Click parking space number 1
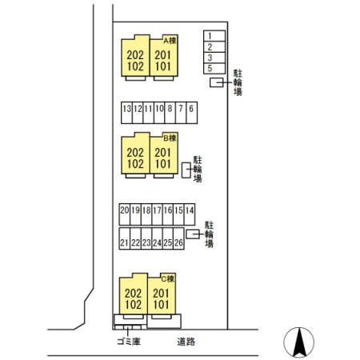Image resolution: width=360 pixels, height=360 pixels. [214, 36]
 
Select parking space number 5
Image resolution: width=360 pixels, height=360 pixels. [214, 69]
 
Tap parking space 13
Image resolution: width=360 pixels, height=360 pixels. [126, 113]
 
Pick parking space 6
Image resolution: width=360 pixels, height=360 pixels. [192, 113]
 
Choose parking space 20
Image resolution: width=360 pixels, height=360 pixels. [125, 214]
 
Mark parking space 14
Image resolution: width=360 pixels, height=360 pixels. [190, 214]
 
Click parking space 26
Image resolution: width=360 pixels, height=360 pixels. [178, 238]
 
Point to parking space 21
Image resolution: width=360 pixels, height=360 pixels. [125, 238]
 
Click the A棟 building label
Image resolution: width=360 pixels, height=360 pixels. [170, 41]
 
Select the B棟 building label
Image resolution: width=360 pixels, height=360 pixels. [170, 138]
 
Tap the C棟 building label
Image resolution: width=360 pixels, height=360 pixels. [168, 279]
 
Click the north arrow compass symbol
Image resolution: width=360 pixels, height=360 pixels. [299, 342]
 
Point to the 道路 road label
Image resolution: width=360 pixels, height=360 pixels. [186, 342]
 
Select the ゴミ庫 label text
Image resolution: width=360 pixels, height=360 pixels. [129, 342]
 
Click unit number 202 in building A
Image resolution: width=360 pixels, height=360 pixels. [135, 55]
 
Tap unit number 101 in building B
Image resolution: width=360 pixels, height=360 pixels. [163, 164]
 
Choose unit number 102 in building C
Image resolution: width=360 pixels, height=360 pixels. [134, 305]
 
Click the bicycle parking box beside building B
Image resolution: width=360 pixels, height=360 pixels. [186, 170]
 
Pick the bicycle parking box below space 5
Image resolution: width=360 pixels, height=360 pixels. [217, 82]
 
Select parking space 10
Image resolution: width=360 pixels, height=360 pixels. [159, 113]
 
